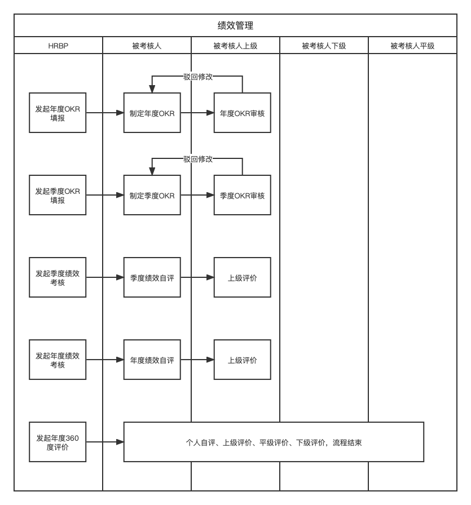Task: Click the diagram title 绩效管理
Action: pos(235,25)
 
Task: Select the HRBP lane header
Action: pos(58,46)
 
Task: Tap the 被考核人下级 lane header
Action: pos(324,46)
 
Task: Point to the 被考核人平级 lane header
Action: pos(413,46)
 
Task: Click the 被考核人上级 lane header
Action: pos(235,46)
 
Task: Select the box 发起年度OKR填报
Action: pos(58,113)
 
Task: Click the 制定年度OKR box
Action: pos(152,113)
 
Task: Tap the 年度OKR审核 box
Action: pos(243,113)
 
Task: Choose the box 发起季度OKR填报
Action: pos(58,195)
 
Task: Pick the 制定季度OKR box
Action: pos(152,195)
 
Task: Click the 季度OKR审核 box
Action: pos(243,195)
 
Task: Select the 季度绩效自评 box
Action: pos(152,277)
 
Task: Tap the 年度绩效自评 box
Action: pos(152,360)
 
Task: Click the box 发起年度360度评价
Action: pos(58,442)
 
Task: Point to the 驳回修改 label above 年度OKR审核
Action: pos(198,77)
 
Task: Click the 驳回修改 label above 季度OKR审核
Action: pos(198,159)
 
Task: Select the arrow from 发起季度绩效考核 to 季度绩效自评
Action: pos(105,277)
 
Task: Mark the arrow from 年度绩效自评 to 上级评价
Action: pos(197,360)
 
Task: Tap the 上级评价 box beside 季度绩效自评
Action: pos(243,277)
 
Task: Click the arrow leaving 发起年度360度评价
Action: pos(105,442)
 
